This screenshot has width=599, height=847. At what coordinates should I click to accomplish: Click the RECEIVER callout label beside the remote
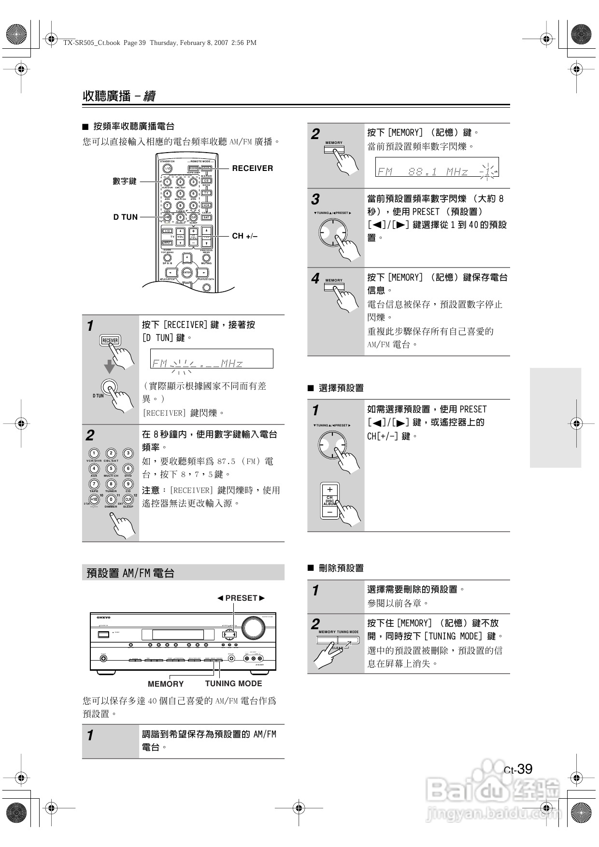pyautogui.click(x=252, y=168)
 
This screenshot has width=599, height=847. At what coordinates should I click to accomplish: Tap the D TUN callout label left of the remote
pyautogui.click(x=126, y=217)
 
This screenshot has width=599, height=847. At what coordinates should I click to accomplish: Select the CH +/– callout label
pyautogui.click(x=245, y=236)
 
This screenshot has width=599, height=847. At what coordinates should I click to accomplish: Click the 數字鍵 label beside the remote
pyautogui.click(x=125, y=181)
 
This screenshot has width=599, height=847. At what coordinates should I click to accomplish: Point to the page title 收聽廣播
pyautogui.click(x=107, y=96)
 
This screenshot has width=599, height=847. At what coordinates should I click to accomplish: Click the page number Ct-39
pyautogui.click(x=518, y=769)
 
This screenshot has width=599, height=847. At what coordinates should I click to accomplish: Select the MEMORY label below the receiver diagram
pyautogui.click(x=166, y=684)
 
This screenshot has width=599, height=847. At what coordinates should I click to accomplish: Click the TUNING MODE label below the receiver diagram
pyautogui.click(x=233, y=683)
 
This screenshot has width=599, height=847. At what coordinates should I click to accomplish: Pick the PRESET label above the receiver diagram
pyautogui.click(x=241, y=598)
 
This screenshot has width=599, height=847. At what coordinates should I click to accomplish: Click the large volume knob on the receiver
pyautogui.click(x=253, y=627)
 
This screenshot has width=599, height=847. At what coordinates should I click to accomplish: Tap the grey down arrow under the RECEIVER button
pyautogui.click(x=110, y=366)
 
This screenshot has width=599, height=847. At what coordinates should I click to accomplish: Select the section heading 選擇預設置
pyautogui.click(x=341, y=388)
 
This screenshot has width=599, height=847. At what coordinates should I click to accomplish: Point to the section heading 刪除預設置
pyautogui.click(x=341, y=568)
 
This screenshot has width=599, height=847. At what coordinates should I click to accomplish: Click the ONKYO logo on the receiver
pyautogui.click(x=103, y=618)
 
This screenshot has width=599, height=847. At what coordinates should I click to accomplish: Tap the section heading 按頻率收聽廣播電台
pyautogui.click(x=134, y=127)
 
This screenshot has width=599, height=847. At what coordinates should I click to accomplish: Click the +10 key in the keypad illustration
pyautogui.click(x=94, y=499)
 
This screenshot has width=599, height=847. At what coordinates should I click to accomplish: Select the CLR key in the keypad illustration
pyautogui.click(x=128, y=499)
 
